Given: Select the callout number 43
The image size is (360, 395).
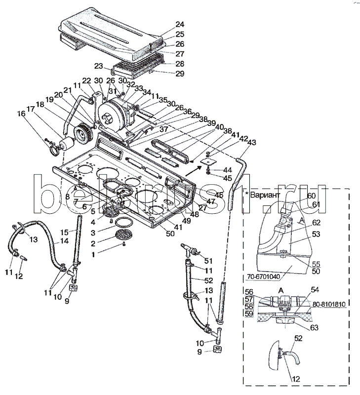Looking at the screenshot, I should pos(252,142).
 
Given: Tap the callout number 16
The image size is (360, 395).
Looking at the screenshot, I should pos(21,114).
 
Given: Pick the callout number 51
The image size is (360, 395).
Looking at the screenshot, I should pos(208,261).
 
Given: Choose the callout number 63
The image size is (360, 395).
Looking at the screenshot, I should pos(315,327).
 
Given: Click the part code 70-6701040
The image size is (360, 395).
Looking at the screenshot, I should pos(268,276).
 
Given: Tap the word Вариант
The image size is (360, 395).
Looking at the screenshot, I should pos(266,194).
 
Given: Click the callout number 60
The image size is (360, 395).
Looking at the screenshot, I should pos(311,196).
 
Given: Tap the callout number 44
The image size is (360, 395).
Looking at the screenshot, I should pos(228,169).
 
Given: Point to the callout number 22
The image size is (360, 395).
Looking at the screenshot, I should pos(86,81).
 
